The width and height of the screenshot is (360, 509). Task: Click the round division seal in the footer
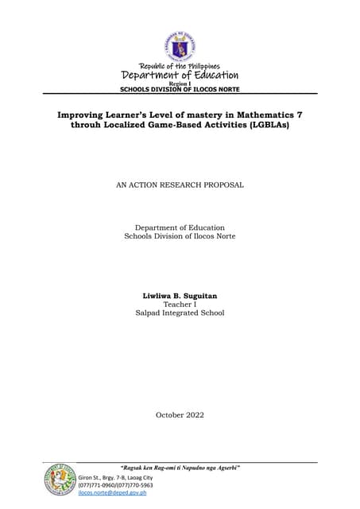click(60, 480)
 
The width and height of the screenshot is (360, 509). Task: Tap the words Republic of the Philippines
click(180, 65)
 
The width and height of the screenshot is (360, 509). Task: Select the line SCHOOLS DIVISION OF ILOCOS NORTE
click(180, 89)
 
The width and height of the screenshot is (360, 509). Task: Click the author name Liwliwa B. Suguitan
click(180, 296)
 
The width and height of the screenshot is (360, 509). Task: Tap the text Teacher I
click(180, 305)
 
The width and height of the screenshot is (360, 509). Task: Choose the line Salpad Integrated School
click(180, 313)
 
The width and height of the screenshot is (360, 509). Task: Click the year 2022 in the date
click(193, 415)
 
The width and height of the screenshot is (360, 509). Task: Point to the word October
click(168, 415)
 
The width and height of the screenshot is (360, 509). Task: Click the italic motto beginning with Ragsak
click(180, 467)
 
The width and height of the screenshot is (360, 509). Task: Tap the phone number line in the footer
click(115, 484)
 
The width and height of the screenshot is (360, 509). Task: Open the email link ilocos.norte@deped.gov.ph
click(112, 493)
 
